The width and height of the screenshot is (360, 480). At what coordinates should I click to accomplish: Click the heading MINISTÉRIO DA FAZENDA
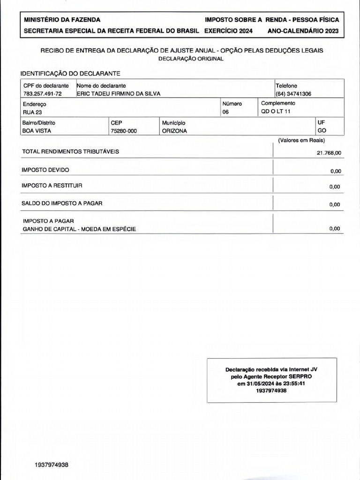[x=61, y=20]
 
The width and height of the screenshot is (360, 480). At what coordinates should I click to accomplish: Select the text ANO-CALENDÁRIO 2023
[x=303, y=31]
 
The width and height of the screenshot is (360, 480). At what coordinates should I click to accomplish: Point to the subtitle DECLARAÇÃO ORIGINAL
[x=191, y=59]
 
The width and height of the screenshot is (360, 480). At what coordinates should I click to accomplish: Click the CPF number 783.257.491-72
[x=42, y=94]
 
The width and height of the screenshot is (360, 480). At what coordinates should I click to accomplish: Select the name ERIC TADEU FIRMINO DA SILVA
[x=119, y=94]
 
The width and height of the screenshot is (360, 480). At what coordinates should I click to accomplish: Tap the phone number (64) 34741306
[x=293, y=94]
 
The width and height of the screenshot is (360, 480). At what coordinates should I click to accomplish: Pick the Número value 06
[x=226, y=112]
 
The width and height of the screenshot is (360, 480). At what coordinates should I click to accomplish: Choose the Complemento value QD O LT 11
[x=276, y=112]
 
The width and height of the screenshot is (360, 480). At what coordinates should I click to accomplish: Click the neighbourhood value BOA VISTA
[x=37, y=131]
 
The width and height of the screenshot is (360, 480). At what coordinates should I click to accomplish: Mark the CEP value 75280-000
[x=124, y=131]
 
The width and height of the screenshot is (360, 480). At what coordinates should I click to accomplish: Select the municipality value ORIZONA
[x=174, y=131]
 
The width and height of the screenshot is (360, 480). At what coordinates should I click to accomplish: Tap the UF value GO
[x=322, y=131]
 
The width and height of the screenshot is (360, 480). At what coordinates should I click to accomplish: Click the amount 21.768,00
[x=329, y=153]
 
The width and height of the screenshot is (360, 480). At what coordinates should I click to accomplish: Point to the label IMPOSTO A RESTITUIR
[x=52, y=186]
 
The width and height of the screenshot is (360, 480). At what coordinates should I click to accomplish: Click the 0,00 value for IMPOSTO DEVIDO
[x=335, y=171]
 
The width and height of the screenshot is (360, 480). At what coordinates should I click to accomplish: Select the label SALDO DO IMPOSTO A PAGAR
[x=62, y=203]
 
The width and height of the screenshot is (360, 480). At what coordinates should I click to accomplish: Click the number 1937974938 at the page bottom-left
[x=52, y=465]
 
